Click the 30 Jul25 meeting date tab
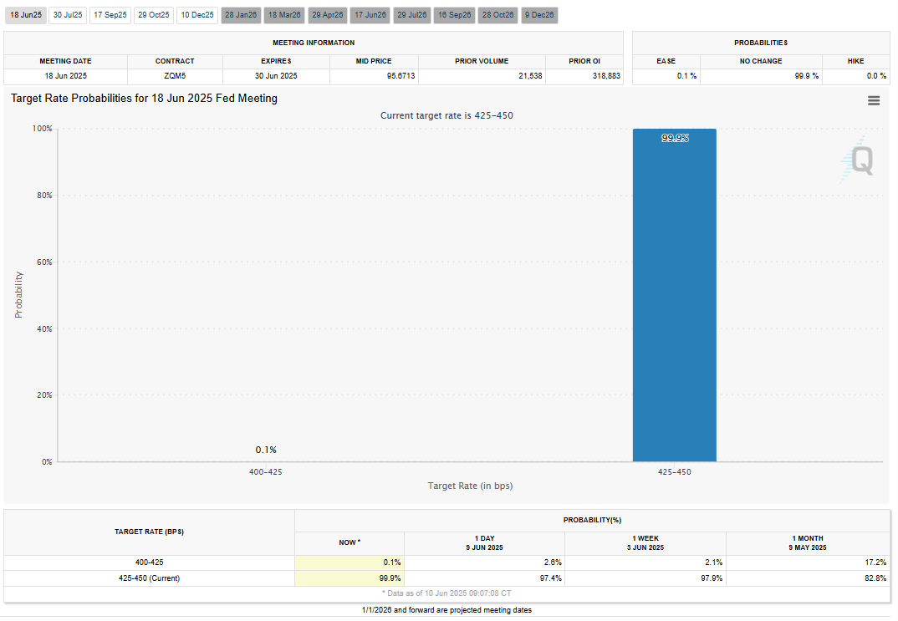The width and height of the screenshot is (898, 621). point(68,15)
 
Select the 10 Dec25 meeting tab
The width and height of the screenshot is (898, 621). point(197,15)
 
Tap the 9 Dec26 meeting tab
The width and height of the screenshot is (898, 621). point(539,15)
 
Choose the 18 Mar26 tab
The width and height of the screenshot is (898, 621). point(284,15)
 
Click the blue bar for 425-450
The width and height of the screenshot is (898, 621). point(674,295)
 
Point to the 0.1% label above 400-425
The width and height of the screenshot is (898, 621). point(266,450)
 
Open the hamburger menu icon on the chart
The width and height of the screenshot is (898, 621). point(874,101)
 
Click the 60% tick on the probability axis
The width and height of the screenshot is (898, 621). point(44,262)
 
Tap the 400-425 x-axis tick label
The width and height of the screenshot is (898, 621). point(266,472)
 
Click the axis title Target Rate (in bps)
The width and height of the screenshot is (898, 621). point(470,486)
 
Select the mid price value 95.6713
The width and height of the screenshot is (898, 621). point(401,75)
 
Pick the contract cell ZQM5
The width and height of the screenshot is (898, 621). point(175,75)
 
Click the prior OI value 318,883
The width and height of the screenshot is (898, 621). point(606,75)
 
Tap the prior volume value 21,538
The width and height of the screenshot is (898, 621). point(530,75)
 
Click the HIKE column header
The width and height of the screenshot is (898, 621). point(855,61)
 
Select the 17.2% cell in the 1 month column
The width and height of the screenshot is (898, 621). point(875,562)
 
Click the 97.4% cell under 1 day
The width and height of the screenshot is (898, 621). point(550,578)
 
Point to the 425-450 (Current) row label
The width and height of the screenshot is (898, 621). point(149,578)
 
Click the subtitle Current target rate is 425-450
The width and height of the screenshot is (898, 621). point(446,115)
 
